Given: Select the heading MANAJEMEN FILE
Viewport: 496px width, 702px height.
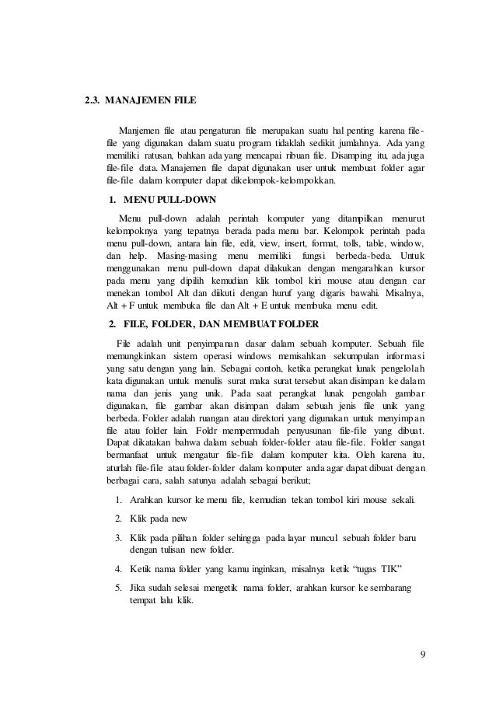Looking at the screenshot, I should [151, 100].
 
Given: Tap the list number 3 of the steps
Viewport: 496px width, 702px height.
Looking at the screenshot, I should [116, 536].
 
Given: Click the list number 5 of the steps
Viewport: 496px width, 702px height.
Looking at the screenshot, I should [116, 588].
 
